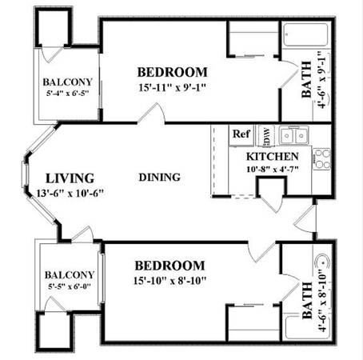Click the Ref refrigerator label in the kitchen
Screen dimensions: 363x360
click(x=241, y=134)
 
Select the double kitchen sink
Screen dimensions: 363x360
click(x=294, y=135)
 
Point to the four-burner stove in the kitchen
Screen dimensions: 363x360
click(x=321, y=159)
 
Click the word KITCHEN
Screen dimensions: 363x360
click(x=272, y=157)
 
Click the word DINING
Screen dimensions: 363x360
click(x=160, y=178)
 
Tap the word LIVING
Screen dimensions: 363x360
click(x=70, y=178)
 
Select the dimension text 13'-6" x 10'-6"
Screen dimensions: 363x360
click(x=70, y=193)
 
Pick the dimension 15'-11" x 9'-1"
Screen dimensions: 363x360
click(x=173, y=87)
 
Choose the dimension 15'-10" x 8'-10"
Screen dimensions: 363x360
click(x=170, y=280)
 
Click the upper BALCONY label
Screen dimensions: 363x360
click(x=67, y=82)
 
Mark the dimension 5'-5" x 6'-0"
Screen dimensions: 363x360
click(x=70, y=286)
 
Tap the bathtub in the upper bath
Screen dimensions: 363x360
click(x=305, y=34)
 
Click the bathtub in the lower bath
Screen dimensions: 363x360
click(x=307, y=327)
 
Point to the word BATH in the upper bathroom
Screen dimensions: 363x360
click(x=306, y=79)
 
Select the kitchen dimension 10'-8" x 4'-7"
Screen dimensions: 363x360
click(x=272, y=169)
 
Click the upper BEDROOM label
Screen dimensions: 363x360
click(x=172, y=72)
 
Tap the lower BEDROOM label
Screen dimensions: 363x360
click(x=170, y=266)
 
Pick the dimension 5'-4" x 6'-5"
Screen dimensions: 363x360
click(x=67, y=94)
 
